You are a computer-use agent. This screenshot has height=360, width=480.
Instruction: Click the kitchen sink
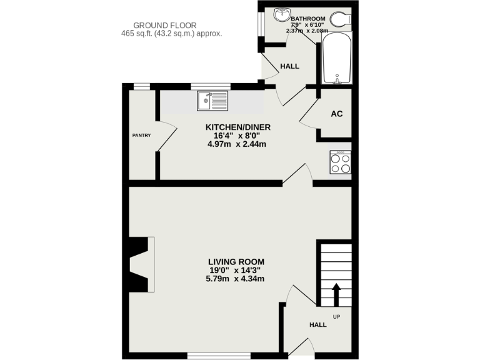[x=213, y=100]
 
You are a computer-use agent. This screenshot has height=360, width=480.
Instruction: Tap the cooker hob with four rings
[x=341, y=162]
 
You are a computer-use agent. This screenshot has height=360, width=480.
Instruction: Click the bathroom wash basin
[x=282, y=13]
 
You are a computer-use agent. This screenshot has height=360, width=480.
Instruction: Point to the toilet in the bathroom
[x=342, y=18]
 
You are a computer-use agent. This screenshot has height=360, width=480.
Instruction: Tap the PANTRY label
[x=139, y=135]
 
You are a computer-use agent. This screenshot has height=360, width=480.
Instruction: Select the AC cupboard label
[x=336, y=114]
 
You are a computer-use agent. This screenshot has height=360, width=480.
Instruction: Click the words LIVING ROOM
[x=236, y=262]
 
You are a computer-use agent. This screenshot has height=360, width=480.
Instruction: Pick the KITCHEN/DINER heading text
[x=237, y=127]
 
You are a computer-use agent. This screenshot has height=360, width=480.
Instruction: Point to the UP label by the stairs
[x=336, y=316]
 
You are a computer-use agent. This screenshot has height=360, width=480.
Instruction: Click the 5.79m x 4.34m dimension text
[x=236, y=279]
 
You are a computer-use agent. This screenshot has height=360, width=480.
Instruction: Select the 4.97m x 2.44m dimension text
[x=237, y=144]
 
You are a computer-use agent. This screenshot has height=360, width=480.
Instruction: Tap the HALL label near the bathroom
[x=289, y=66]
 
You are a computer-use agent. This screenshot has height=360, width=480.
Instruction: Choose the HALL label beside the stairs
[x=318, y=325]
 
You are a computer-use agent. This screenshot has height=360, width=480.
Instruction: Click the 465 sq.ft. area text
[x=172, y=34]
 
